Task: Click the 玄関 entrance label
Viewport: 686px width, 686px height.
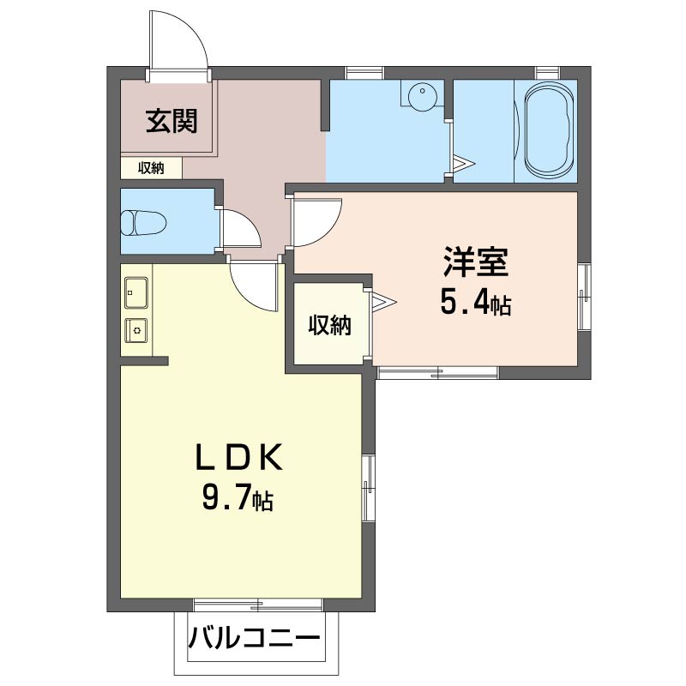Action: pyautogui.click(x=171, y=122)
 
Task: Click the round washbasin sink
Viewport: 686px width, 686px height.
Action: pyautogui.click(x=420, y=94)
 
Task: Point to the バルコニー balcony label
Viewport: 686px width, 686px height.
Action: pyautogui.click(x=255, y=639)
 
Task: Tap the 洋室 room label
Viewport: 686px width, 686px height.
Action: pyautogui.click(x=477, y=262)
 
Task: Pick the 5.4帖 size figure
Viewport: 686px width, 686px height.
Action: pyautogui.click(x=477, y=302)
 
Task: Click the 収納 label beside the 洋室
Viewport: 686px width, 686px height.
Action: pyautogui.click(x=330, y=325)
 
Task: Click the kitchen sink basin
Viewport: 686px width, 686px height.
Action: pyautogui.click(x=135, y=292)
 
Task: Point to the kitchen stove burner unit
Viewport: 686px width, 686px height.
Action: pyautogui.click(x=135, y=328)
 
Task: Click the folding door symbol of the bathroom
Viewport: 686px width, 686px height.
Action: pyautogui.click(x=463, y=162)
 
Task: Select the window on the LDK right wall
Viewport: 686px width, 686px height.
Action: pyautogui.click(x=368, y=487)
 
